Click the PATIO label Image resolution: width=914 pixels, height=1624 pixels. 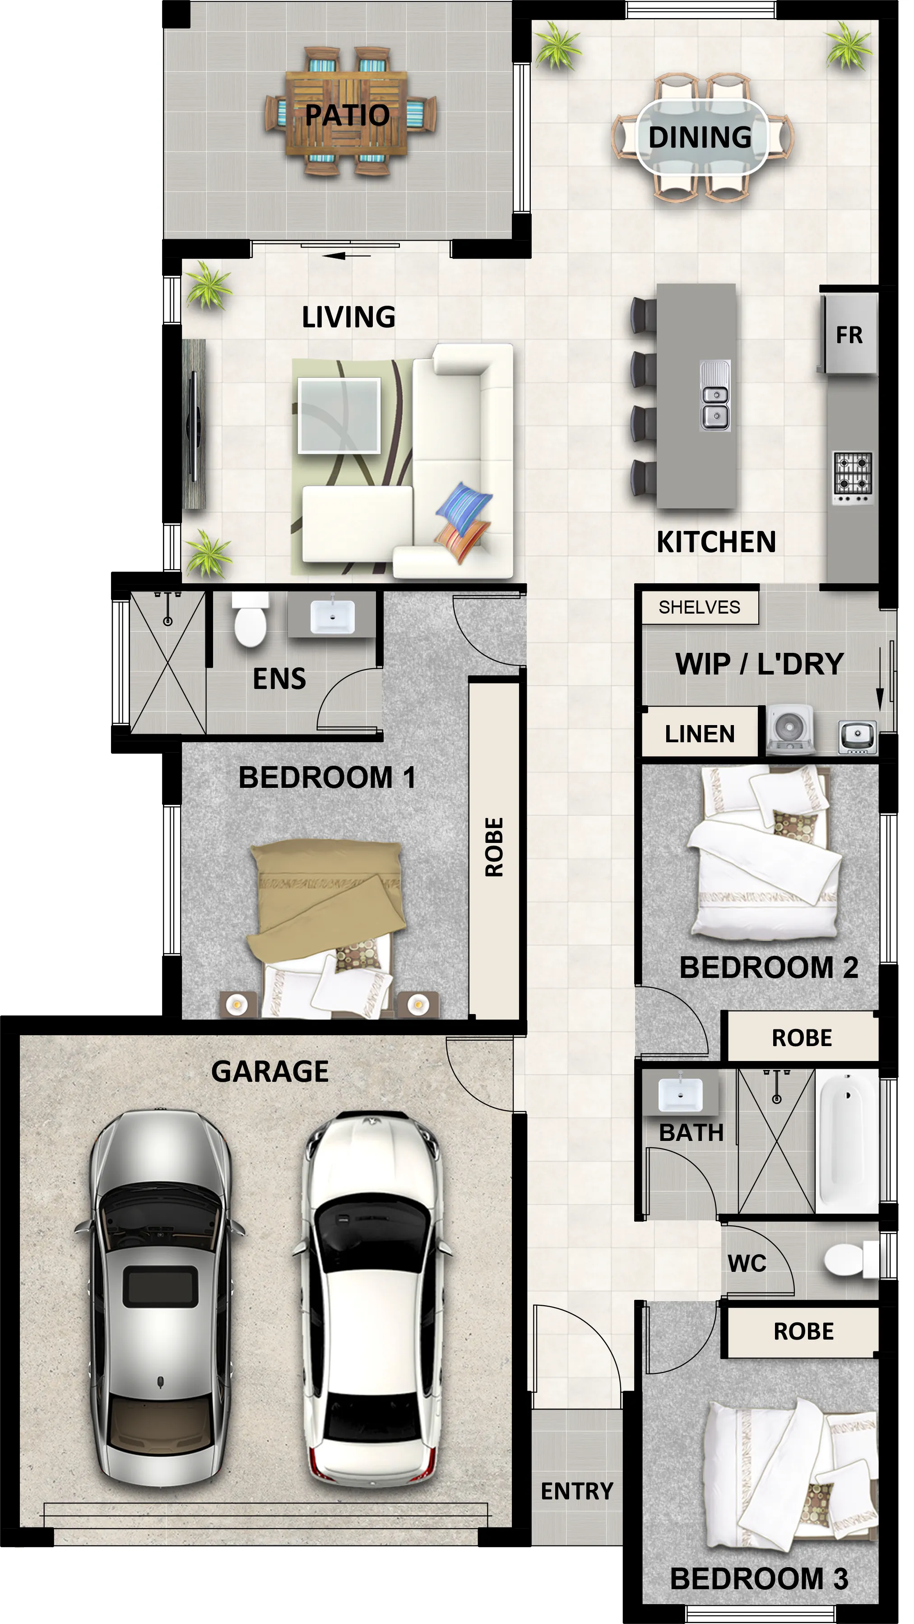click(x=348, y=115)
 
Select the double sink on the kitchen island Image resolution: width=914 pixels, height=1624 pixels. click(x=715, y=396)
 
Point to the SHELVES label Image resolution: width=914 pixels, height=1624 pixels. click(x=699, y=607)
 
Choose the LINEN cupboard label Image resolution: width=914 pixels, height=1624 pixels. click(x=700, y=734)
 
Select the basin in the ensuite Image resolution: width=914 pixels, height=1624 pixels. click(x=332, y=615)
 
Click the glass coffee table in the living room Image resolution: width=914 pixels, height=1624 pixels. click(x=339, y=415)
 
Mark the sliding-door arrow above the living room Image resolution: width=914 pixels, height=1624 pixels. click(x=346, y=256)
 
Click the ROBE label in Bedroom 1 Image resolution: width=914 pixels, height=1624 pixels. click(x=494, y=847)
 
